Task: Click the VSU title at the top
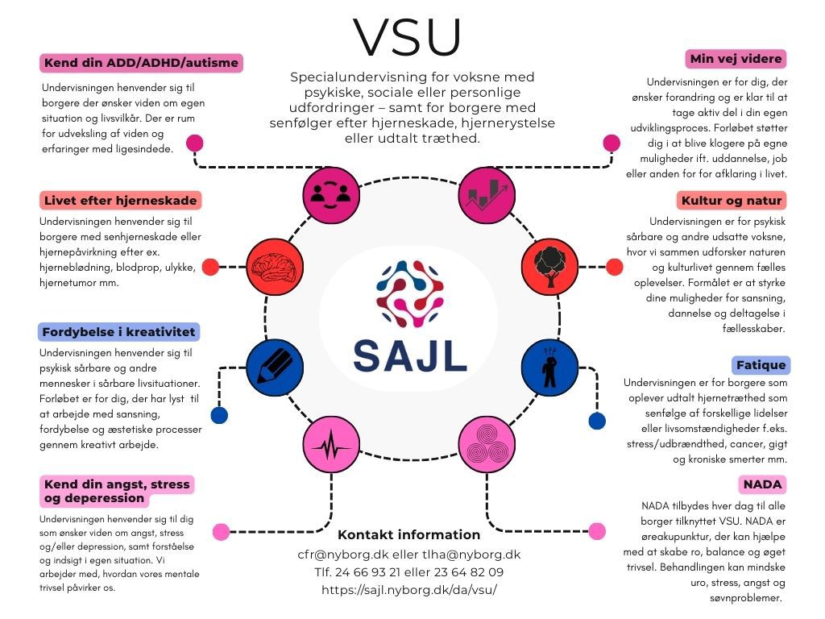[408, 36]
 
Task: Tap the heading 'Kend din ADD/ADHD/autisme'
[142, 63]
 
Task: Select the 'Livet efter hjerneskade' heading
[121, 200]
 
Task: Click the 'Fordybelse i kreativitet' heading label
[119, 331]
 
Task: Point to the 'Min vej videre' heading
[736, 59]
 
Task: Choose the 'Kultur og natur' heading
[732, 200]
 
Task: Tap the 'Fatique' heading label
[760, 364]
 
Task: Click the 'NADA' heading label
[761, 484]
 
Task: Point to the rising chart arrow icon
[486, 194]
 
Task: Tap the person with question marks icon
[551, 364]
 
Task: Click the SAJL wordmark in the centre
[409, 355]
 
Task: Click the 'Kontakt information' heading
[408, 534]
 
